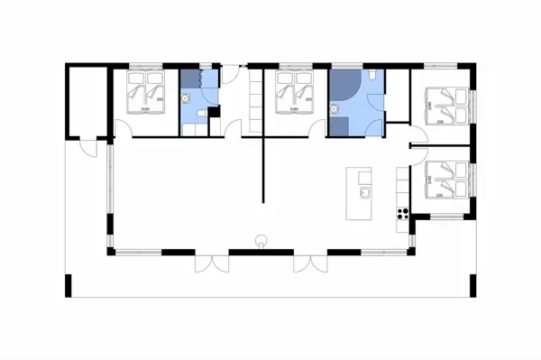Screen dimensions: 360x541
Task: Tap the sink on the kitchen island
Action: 365,192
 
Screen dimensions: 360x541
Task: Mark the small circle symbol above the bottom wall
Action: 261,240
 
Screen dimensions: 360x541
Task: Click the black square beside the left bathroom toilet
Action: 214,113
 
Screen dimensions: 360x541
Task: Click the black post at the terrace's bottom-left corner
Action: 68,286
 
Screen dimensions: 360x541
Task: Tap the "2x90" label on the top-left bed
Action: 144,109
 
